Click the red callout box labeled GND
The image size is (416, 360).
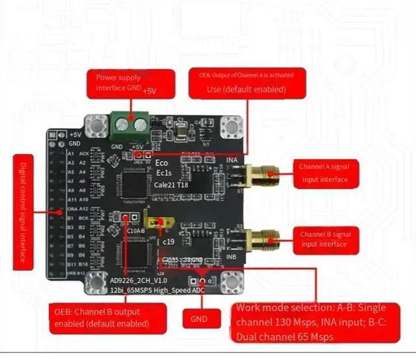click(199, 319)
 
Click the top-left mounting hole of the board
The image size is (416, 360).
click(99, 125)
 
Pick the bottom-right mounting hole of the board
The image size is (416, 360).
click(229, 281)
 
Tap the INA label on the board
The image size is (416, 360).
click(232, 160)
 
